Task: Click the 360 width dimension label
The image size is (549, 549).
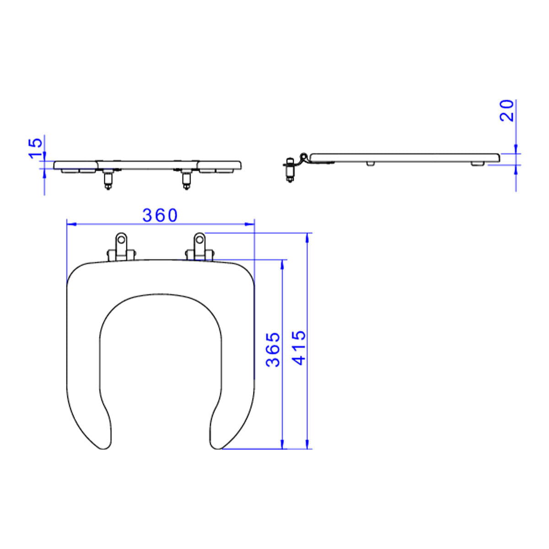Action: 160,215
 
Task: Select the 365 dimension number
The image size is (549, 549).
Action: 273,350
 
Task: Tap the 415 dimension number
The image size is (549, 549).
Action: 299,348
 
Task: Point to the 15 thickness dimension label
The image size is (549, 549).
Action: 36,148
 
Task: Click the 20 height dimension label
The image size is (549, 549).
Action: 507,111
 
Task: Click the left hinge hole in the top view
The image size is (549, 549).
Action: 121,239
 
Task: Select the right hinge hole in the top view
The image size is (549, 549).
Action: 200,239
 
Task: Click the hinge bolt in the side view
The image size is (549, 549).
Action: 290,170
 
